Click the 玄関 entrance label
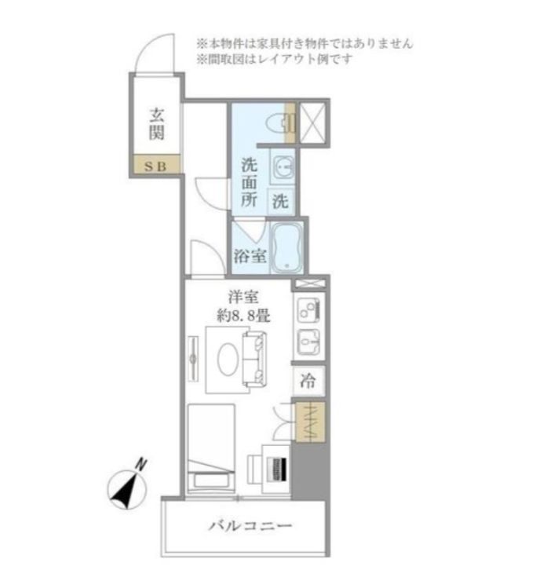157,124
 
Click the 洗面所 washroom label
250,182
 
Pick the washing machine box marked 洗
281,201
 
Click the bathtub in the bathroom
287,248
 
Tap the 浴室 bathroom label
250,256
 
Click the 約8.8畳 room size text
243,316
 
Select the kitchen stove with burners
308,310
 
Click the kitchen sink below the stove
308,342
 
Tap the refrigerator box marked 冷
308,382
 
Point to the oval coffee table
228,359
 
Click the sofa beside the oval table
254,359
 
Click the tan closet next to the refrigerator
310,422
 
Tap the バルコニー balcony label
250,526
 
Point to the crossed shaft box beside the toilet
312,122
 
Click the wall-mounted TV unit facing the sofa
193,359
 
